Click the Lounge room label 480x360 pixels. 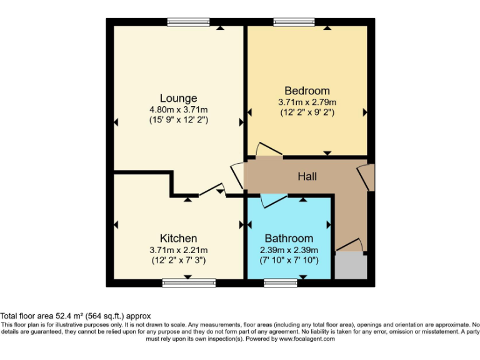click(178, 98)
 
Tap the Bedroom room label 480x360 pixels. click(307, 91)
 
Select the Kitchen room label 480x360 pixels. click(178, 238)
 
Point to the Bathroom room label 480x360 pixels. click(289, 238)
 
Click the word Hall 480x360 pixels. click(307, 177)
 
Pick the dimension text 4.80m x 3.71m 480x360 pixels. click(178, 109)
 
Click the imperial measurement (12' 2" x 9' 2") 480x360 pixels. click(307, 113)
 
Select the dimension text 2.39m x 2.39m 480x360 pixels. click(289, 249)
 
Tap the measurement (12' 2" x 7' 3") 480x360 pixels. click(178, 260)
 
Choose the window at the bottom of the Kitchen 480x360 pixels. click(189, 282)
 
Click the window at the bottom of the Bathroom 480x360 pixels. click(281, 282)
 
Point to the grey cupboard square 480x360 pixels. click(350, 266)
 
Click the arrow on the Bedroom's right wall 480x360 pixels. click(365, 112)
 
